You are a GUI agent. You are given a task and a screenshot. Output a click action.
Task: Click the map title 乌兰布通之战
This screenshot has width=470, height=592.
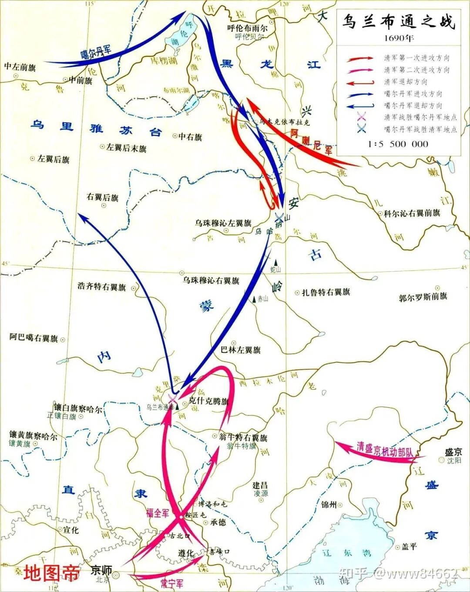click(x=398, y=22)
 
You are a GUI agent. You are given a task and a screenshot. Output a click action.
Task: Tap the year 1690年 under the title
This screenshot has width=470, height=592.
click(x=399, y=38)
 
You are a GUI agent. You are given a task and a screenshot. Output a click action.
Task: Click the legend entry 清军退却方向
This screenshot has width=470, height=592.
click(x=406, y=82)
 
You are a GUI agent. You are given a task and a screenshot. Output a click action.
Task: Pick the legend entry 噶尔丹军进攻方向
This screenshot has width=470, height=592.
click(x=413, y=94)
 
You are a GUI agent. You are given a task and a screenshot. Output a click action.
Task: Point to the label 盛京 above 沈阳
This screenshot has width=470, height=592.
click(x=453, y=452)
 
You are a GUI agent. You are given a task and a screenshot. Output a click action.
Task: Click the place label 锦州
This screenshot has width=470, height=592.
click(x=329, y=505)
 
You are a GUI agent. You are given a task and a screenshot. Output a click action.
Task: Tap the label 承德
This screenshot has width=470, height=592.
click(x=218, y=522)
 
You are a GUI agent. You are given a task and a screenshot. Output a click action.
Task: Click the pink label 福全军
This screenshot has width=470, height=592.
click(x=158, y=513)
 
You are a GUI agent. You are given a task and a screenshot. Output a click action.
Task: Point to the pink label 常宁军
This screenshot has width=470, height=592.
click(x=172, y=583)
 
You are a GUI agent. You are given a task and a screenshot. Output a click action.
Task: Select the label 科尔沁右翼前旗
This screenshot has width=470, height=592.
click(x=412, y=213)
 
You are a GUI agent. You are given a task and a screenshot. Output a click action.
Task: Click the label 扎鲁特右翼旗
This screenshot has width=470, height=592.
click(x=326, y=292)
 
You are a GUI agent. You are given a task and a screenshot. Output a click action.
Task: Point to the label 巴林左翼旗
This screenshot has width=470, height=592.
click(x=241, y=350)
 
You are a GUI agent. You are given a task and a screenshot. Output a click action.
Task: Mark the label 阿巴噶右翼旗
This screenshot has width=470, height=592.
click(x=34, y=338)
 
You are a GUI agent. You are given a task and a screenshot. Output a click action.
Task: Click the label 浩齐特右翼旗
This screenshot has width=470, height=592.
click(x=102, y=287)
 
